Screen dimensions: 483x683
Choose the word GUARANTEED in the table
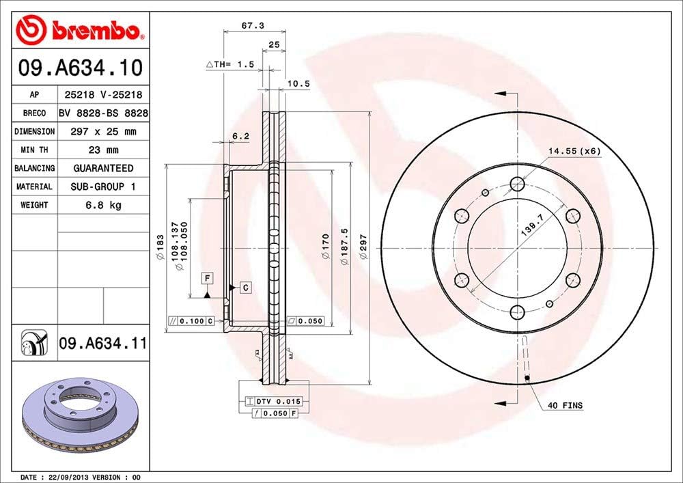[x=103, y=168]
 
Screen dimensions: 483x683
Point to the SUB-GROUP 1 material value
[x=103, y=187]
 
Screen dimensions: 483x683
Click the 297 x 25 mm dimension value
[x=103, y=131]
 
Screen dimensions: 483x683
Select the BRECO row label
[x=33, y=113]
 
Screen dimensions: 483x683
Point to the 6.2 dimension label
[x=240, y=136]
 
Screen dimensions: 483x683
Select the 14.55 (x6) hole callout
[x=574, y=151]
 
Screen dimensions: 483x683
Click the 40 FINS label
[x=566, y=406]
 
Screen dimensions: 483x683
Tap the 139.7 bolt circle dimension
[x=532, y=223]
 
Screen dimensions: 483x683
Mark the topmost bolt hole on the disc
[x=517, y=183]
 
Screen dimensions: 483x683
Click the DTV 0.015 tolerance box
[x=274, y=401]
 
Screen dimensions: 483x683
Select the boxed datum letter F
[x=206, y=277]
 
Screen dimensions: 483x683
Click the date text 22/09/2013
[x=65, y=476]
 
